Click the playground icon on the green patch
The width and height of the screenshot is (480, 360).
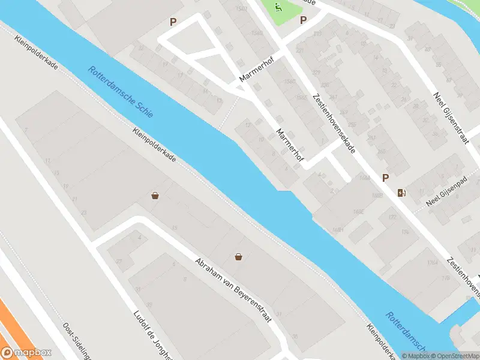pos(278,8)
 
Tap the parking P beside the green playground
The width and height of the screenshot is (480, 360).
pos(304,20)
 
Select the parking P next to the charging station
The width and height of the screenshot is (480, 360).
pos(385,178)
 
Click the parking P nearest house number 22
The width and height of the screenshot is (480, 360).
pos(173,22)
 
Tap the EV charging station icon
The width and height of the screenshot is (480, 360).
pos(401,193)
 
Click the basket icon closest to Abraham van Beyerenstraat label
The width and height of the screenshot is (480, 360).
pos(239,257)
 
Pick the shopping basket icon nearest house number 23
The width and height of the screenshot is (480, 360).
pos(155,196)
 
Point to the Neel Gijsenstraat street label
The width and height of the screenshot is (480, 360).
pos(451,118)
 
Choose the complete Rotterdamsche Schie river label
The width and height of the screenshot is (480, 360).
pos(120,91)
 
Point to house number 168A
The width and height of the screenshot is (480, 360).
pos(363,178)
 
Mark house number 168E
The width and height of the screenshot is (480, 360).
pos(359,211)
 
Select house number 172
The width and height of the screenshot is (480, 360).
pos(392,217)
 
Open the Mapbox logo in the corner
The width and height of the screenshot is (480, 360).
pos(26,353)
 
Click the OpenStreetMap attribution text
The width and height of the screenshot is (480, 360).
pos(455,356)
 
